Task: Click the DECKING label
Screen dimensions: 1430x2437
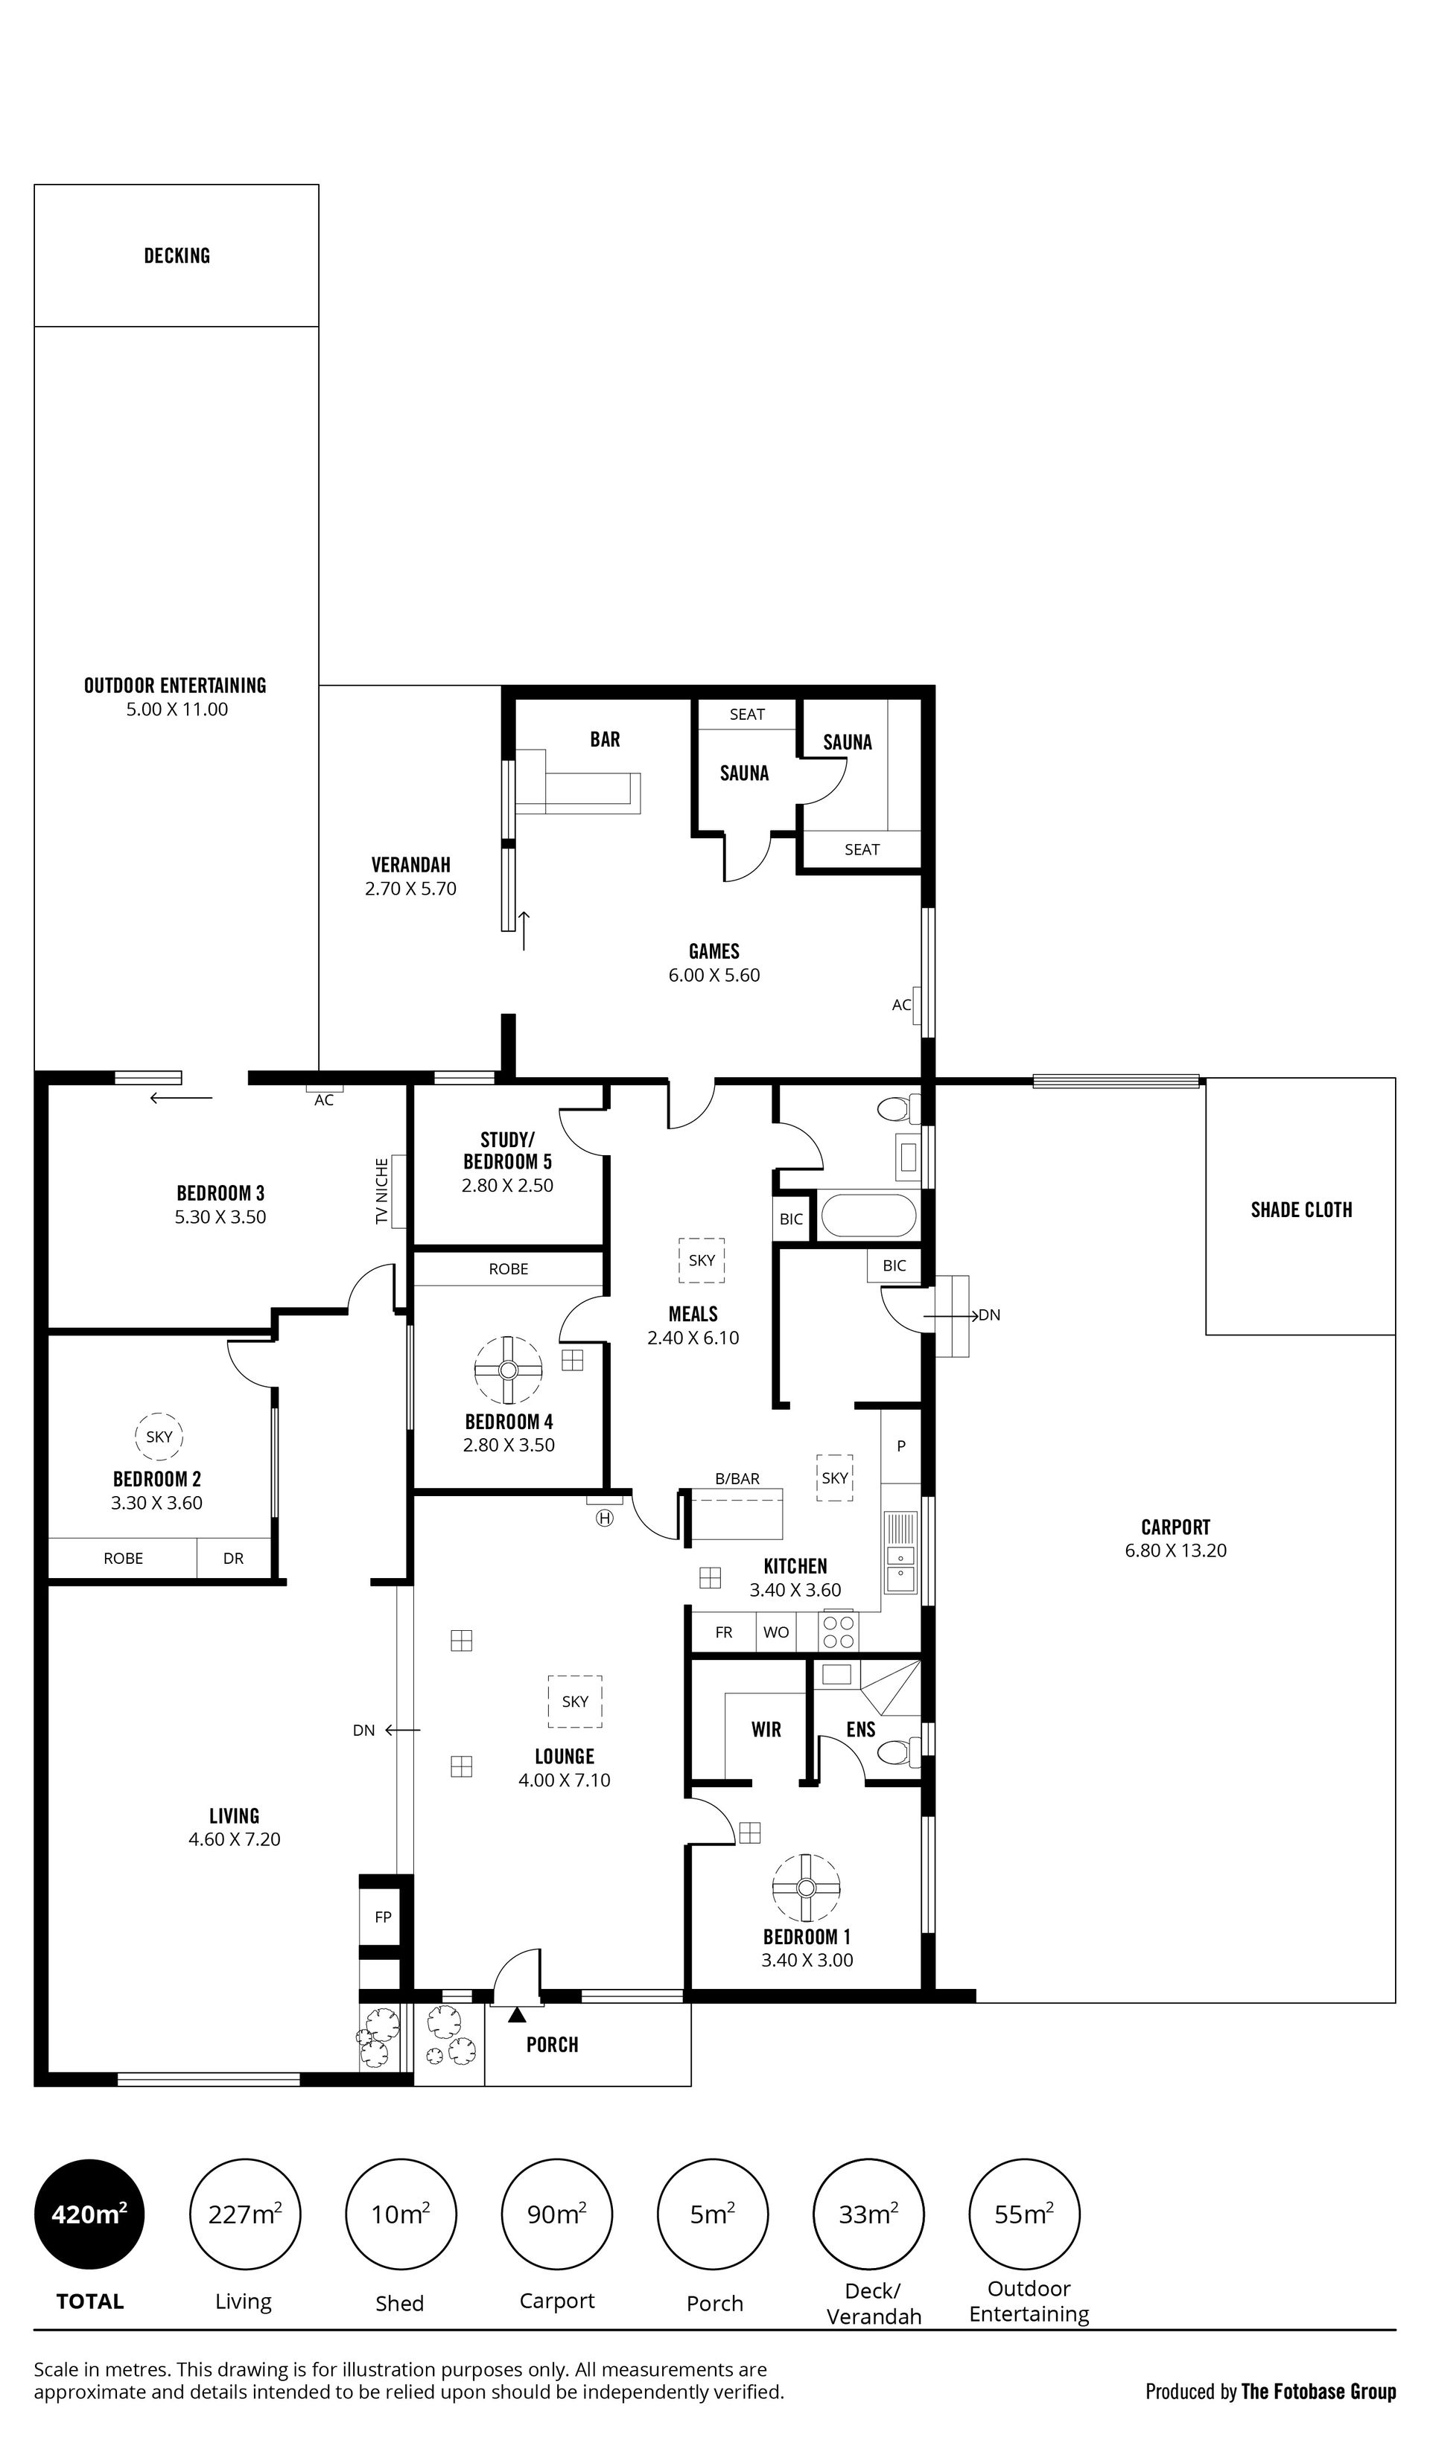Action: (177, 255)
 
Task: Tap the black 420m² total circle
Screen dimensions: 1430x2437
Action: (89, 2213)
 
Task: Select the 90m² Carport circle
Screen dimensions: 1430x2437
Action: (556, 2213)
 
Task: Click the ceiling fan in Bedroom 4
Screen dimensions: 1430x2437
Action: (509, 1370)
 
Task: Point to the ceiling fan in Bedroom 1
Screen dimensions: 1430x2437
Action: (806, 1888)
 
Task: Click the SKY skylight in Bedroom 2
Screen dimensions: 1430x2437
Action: (159, 1436)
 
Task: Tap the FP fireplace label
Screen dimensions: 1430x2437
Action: (383, 1916)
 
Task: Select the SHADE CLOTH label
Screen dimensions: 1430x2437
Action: (1301, 1209)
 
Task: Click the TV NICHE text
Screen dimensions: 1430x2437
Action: (382, 1192)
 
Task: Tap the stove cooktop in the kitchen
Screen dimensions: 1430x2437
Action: (838, 1632)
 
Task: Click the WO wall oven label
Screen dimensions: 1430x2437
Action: (776, 1632)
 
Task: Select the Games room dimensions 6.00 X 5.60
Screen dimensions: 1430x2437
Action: (714, 975)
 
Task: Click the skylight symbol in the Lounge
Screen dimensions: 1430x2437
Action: (575, 1701)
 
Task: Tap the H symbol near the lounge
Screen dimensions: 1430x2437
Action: (605, 1517)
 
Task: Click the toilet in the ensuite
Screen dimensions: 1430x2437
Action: (900, 1751)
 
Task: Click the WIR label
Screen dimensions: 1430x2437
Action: (766, 1729)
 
